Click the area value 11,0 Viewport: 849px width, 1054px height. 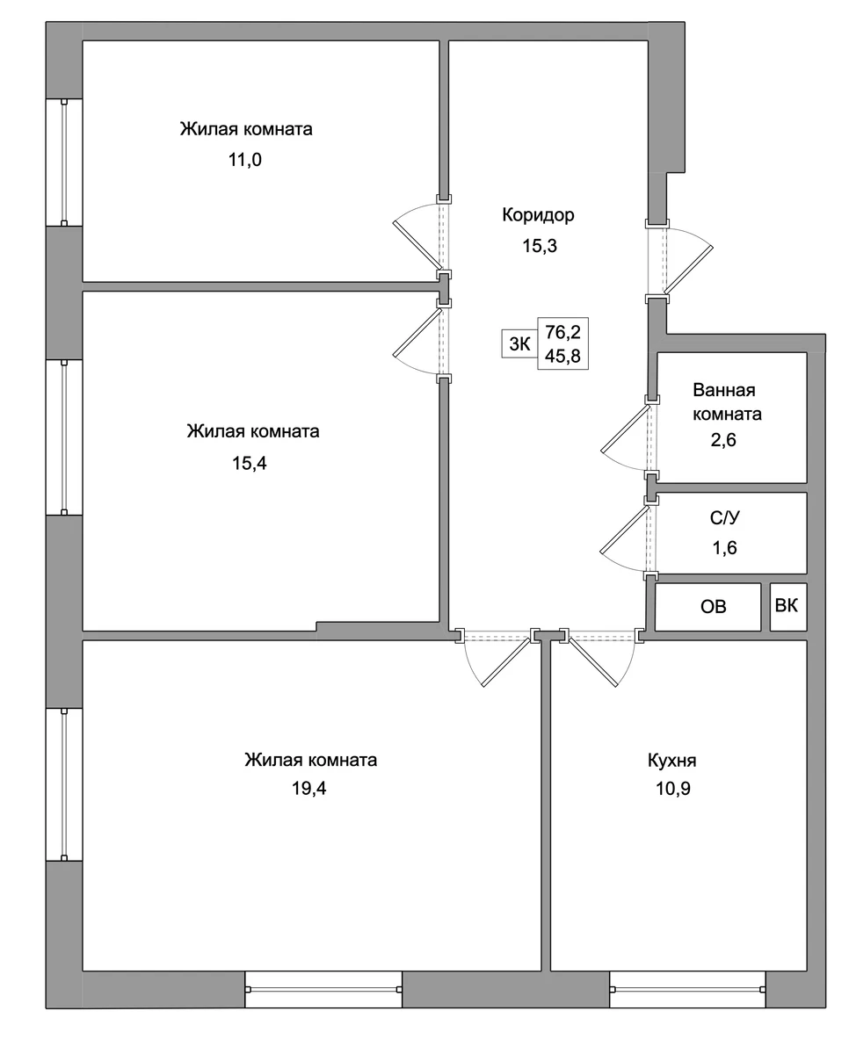click(245, 160)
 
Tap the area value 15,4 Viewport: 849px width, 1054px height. click(250, 464)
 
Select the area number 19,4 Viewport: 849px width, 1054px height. click(309, 788)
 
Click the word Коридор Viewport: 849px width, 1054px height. click(538, 215)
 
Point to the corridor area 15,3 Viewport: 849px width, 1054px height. click(540, 246)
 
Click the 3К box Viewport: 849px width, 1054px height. click(519, 343)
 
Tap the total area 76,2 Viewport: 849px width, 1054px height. click(563, 332)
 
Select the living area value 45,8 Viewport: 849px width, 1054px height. click(563, 356)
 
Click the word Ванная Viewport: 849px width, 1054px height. click(724, 390)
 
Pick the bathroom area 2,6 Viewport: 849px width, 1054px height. click(723, 440)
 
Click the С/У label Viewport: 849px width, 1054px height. click(724, 517)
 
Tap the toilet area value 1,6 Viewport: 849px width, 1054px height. click(724, 547)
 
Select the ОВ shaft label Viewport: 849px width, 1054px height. click(714, 607)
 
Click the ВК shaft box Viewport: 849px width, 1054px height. click(788, 607)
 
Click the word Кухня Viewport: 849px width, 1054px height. click(672, 761)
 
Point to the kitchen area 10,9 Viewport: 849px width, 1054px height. click(673, 789)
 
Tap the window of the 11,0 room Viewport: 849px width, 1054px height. click(64, 162)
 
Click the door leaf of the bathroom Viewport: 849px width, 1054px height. click(626, 428)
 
